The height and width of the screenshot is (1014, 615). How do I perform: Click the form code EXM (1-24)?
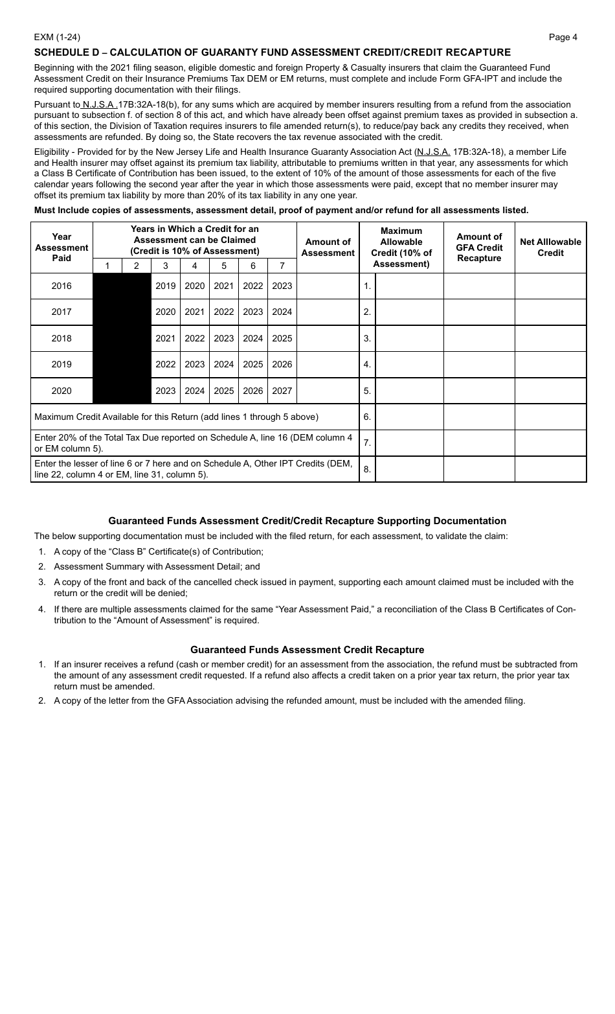(x=57, y=37)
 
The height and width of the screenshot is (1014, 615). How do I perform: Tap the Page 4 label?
(x=563, y=37)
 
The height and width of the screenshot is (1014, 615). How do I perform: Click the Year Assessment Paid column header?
(x=61, y=247)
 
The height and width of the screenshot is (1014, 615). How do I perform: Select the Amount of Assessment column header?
(x=328, y=247)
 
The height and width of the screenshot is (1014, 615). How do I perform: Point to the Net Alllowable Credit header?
(x=550, y=247)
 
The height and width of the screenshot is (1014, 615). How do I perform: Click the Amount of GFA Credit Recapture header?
(x=479, y=247)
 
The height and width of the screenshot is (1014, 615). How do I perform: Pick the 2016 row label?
(x=61, y=286)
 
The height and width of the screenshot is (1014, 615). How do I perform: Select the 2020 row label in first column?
(x=61, y=391)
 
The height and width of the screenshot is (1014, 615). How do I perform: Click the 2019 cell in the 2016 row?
(x=165, y=286)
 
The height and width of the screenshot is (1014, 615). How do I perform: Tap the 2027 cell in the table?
(x=282, y=391)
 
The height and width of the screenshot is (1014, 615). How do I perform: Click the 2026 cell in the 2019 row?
(x=282, y=364)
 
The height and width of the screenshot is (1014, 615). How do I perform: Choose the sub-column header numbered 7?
(x=282, y=266)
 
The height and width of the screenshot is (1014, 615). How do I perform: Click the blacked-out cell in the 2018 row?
(x=122, y=338)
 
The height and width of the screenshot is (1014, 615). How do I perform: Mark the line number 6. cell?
(x=367, y=417)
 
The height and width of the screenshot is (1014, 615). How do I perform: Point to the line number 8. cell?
(x=367, y=469)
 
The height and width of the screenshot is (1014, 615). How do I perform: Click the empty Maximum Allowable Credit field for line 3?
(x=409, y=338)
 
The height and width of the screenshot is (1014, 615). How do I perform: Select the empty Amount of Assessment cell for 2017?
(x=328, y=312)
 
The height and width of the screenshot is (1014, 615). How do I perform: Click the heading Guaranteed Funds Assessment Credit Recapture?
(x=307, y=649)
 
